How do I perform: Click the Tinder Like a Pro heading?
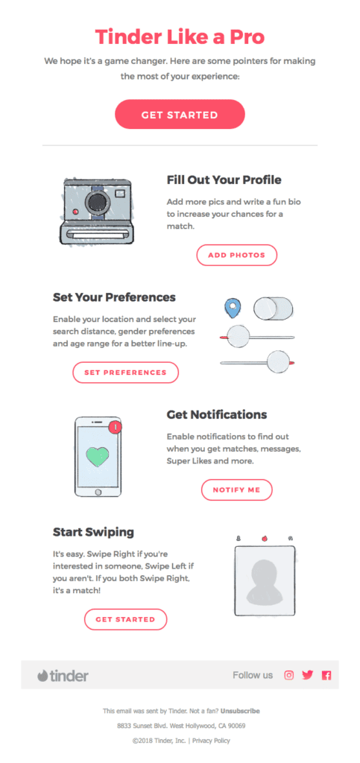tap(180, 37)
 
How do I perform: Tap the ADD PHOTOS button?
tap(236, 255)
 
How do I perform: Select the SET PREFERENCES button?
tap(125, 372)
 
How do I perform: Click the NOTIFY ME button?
tap(236, 490)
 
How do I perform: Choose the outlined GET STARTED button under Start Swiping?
tap(125, 619)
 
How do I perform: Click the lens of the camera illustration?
tap(95, 203)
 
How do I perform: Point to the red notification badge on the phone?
tap(115, 428)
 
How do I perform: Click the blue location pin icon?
tap(233, 307)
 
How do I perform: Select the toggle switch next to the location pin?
tap(273, 307)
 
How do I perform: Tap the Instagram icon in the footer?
tap(289, 675)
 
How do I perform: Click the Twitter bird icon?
tap(307, 675)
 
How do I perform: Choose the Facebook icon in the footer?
tap(326, 675)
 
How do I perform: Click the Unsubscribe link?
tap(240, 711)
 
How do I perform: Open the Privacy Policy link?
tap(211, 741)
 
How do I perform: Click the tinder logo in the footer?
tap(63, 676)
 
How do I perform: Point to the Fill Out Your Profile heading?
tap(224, 180)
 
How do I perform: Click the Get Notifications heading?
tap(216, 414)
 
